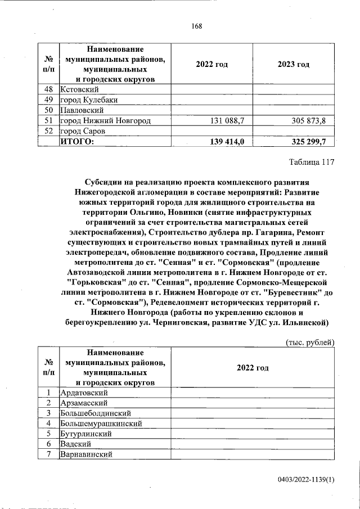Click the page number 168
click(x=196, y=26)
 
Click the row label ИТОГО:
click(x=77, y=141)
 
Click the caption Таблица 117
click(x=312, y=163)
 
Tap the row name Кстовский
click(x=80, y=89)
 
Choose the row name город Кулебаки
click(x=88, y=100)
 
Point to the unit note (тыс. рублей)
click(x=310, y=342)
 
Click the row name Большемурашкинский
click(x=101, y=424)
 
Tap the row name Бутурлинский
click(x=87, y=434)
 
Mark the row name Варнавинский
click(x=87, y=454)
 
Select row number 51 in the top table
click(x=48, y=121)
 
